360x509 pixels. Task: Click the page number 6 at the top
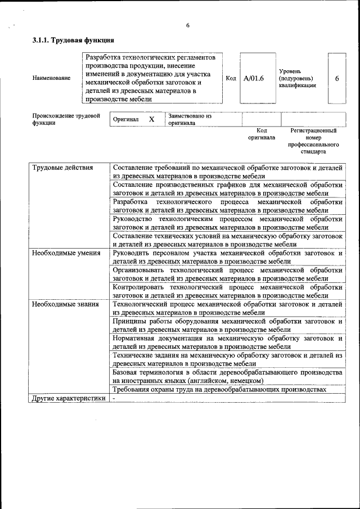click(188, 25)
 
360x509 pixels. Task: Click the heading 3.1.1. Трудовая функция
click(74, 40)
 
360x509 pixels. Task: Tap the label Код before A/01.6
click(231, 78)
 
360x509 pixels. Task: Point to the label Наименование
click(52, 78)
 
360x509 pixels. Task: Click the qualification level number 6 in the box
click(336, 78)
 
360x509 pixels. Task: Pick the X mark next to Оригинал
click(151, 119)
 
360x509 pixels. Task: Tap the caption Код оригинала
click(261, 134)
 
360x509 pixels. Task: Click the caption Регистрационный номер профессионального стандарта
click(313, 141)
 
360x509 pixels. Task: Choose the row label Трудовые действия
click(62, 168)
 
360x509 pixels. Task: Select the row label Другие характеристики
click(68, 398)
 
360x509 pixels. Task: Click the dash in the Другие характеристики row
click(114, 398)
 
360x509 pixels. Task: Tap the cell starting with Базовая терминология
click(227, 376)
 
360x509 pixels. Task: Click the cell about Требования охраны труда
click(219, 389)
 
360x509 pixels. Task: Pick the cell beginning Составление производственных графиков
click(227, 188)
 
